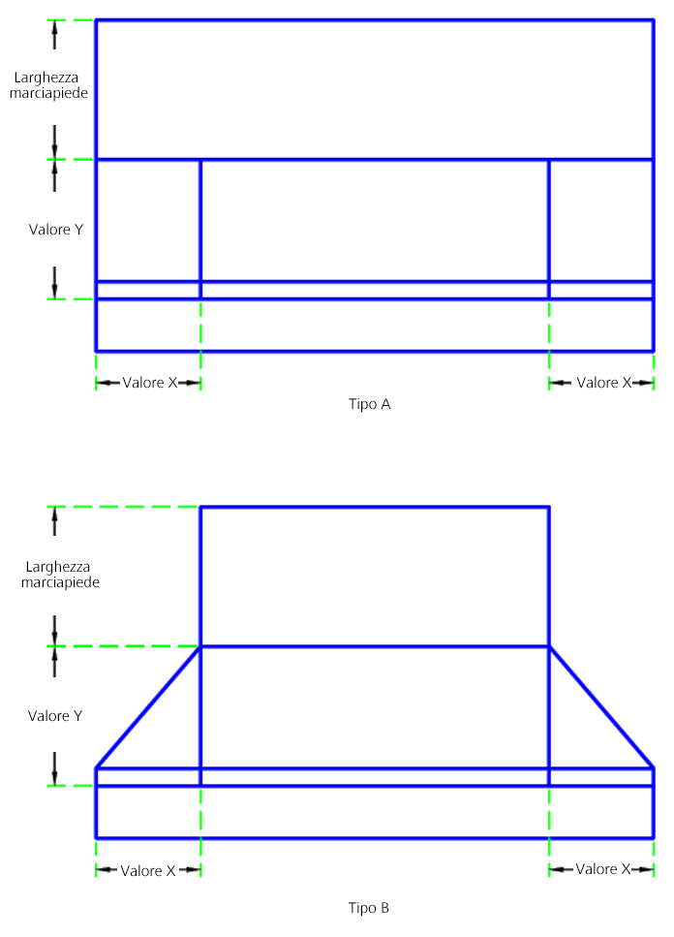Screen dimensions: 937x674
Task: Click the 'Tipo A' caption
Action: pyautogui.click(x=369, y=404)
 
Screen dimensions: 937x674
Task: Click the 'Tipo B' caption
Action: pyautogui.click(x=369, y=908)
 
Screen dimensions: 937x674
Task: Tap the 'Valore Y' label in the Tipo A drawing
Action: pyautogui.click(x=56, y=230)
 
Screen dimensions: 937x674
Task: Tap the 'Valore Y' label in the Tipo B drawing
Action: pyautogui.click(x=55, y=716)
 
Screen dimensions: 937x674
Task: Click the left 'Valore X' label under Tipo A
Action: pyautogui.click(x=150, y=383)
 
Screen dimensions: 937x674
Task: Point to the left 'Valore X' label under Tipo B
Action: pyautogui.click(x=148, y=870)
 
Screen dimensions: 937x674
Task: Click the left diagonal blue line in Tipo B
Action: pyautogui.click(x=148, y=706)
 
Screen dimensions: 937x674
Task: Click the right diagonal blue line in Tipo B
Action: pyautogui.click(x=601, y=706)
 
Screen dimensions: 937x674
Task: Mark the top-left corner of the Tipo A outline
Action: pyautogui.click(x=96, y=19)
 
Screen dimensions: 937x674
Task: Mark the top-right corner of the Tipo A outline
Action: pyautogui.click(x=654, y=19)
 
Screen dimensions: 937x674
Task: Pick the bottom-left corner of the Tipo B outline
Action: pyautogui.click(x=96, y=837)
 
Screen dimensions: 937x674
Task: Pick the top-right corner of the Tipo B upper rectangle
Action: pyautogui.click(x=549, y=507)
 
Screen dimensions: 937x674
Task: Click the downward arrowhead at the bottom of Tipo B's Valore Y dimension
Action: pyautogui.click(x=55, y=776)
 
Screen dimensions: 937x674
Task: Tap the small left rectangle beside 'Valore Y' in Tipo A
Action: pyautogui.click(x=148, y=220)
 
